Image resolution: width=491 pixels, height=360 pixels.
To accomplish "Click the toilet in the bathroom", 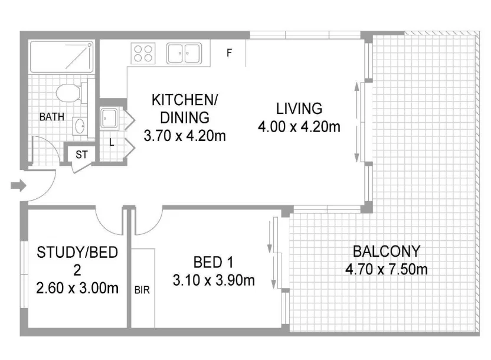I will click(x=69, y=93).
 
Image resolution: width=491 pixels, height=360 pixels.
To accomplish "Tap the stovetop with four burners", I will click(x=144, y=54).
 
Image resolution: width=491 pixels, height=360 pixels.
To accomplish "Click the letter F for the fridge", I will click(x=229, y=53).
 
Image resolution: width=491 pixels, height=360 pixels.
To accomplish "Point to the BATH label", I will click(x=52, y=117).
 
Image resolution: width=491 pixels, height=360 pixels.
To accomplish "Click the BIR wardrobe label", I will click(x=142, y=290).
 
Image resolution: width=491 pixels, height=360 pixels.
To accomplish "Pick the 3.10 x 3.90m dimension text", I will click(x=214, y=280).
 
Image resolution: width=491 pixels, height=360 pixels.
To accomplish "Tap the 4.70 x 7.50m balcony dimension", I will click(x=386, y=270).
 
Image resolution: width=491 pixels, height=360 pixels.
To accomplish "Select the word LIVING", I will click(x=299, y=109).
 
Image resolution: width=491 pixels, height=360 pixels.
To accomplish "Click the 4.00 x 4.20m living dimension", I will click(x=299, y=126).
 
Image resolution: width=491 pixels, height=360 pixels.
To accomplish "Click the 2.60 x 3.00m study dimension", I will click(x=77, y=289).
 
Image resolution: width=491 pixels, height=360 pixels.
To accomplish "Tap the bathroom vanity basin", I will click(x=80, y=126).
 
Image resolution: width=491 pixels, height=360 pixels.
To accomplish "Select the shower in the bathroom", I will click(x=61, y=57).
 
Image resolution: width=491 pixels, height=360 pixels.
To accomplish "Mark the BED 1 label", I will click(x=214, y=261).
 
